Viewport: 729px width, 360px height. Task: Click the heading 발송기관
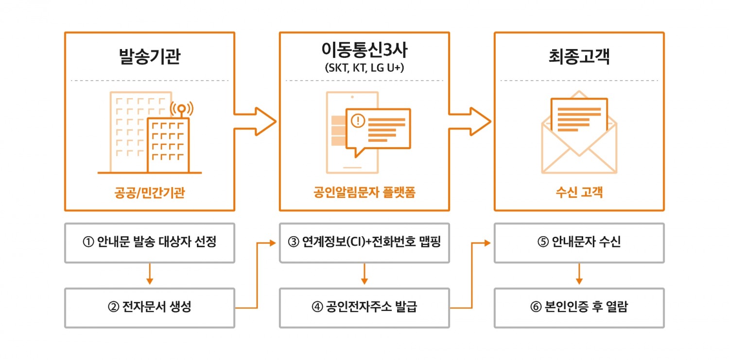click(149, 57)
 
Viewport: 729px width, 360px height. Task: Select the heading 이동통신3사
click(364, 50)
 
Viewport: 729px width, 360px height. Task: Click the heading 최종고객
click(579, 57)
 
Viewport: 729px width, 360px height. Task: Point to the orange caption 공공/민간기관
click(149, 193)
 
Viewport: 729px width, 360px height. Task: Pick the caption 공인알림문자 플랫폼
click(364, 193)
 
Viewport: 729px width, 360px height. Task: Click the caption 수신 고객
click(579, 193)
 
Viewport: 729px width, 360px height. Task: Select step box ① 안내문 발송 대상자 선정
click(149, 242)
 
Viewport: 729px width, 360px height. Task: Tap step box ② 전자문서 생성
click(149, 308)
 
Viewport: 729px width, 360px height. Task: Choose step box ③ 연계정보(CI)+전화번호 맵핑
click(364, 242)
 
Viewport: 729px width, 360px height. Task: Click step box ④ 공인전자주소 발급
click(364, 308)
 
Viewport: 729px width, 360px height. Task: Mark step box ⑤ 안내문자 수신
click(579, 242)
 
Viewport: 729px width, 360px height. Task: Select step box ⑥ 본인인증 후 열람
click(579, 308)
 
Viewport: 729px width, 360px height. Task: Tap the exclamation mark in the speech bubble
click(358, 120)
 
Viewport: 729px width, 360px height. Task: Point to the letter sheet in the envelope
click(579, 117)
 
